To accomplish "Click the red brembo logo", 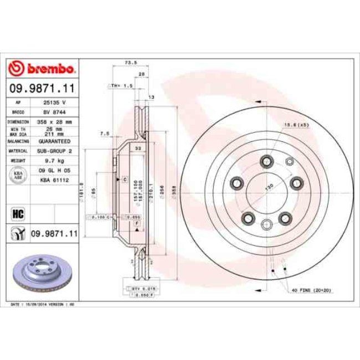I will [42, 69].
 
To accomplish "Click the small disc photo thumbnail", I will [42, 273].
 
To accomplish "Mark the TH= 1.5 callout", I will [120, 86].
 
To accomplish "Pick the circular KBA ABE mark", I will [17, 174].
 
